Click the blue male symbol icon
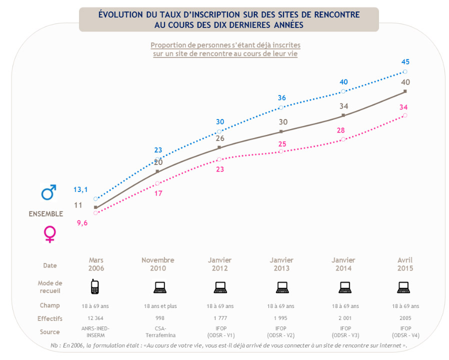click(48, 192)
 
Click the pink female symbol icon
click(49, 234)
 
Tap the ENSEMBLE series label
click(45, 214)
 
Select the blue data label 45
click(405, 62)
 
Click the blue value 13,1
click(81, 189)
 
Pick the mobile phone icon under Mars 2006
click(94, 287)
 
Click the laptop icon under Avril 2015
click(403, 287)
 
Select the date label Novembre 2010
click(157, 264)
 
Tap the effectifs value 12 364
click(95, 318)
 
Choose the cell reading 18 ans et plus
click(157, 306)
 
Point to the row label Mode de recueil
click(50, 287)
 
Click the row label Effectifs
click(50, 318)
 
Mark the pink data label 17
click(158, 193)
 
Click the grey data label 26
click(219, 138)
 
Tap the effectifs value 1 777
click(219, 318)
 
